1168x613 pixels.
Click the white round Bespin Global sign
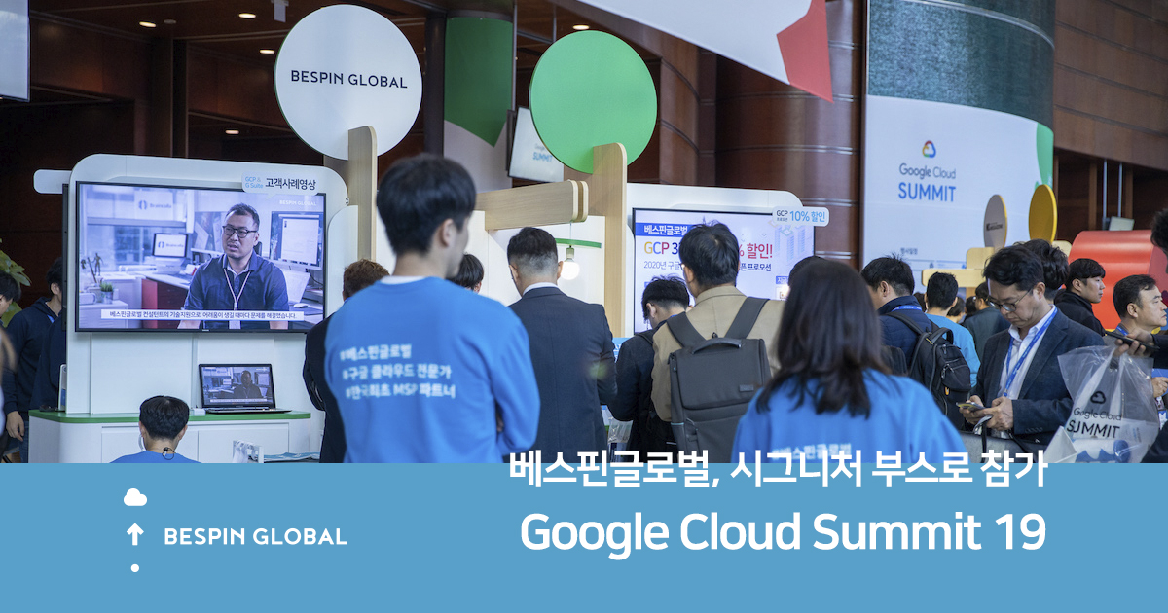click(x=347, y=81)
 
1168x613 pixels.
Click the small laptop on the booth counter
click(x=237, y=387)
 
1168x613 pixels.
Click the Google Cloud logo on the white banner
click(x=929, y=149)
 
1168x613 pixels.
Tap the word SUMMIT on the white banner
click(x=927, y=192)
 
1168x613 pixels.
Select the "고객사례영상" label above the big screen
click(x=289, y=182)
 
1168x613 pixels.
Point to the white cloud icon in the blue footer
click(x=134, y=498)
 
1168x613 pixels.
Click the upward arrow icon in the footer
click(x=134, y=533)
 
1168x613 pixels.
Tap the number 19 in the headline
click(x=1019, y=532)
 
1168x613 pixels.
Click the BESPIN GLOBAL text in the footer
click(x=255, y=536)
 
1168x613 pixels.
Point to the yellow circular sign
click(x=1042, y=212)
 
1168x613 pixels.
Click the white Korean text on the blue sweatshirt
click(x=389, y=370)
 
